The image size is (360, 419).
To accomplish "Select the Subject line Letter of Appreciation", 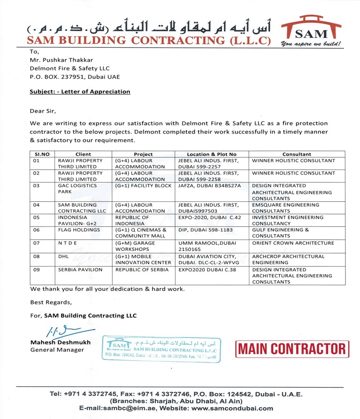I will click(x=80, y=91).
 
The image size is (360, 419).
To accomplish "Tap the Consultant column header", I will click(x=296, y=154).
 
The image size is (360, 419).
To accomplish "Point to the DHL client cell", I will click(x=63, y=256).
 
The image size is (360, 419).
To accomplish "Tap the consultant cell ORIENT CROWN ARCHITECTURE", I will click(x=293, y=243).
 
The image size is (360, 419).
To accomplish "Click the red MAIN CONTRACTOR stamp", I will click(x=293, y=349).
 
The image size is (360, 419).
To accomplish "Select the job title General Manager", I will click(x=57, y=350).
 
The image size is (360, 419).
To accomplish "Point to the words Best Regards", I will click(x=51, y=302).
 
